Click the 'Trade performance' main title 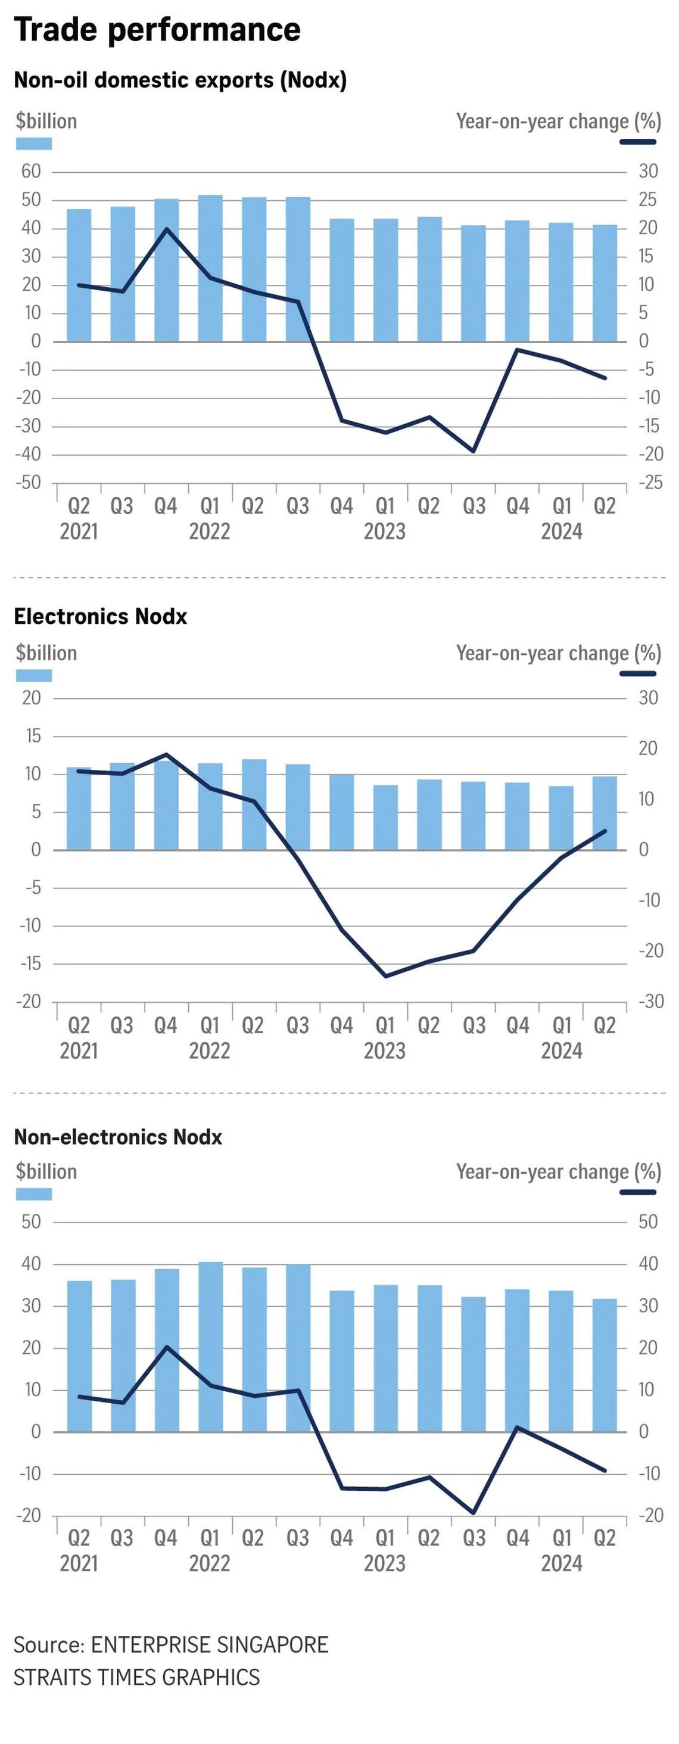157,30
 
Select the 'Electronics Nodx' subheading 100,616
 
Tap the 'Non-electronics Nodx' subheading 118,1137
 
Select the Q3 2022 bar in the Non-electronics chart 298,1347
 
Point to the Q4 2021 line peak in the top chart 167,229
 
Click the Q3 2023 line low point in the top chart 473,451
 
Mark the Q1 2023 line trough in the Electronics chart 386,976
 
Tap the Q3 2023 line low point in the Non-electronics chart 473,1512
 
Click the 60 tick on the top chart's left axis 31,171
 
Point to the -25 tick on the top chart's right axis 649,483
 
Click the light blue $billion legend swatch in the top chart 34,144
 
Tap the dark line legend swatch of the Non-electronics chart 638,1192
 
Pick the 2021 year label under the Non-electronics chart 79,1563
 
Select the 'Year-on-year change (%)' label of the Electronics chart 559,653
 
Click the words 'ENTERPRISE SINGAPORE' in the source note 209,1644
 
